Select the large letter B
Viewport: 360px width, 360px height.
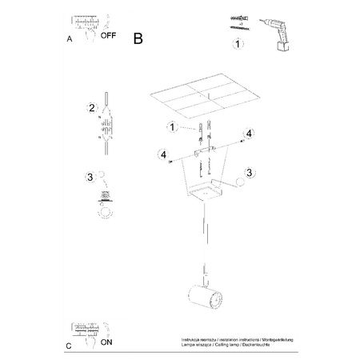(x=139, y=37)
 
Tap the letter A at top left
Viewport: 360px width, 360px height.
(x=70, y=38)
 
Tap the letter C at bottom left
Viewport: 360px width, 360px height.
(x=69, y=346)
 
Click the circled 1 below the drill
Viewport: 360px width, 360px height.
(x=237, y=66)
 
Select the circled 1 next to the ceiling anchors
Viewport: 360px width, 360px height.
(x=170, y=126)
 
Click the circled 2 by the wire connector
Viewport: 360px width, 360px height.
(x=92, y=107)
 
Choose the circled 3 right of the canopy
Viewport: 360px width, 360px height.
(x=249, y=171)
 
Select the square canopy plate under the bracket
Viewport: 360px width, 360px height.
(x=206, y=192)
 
